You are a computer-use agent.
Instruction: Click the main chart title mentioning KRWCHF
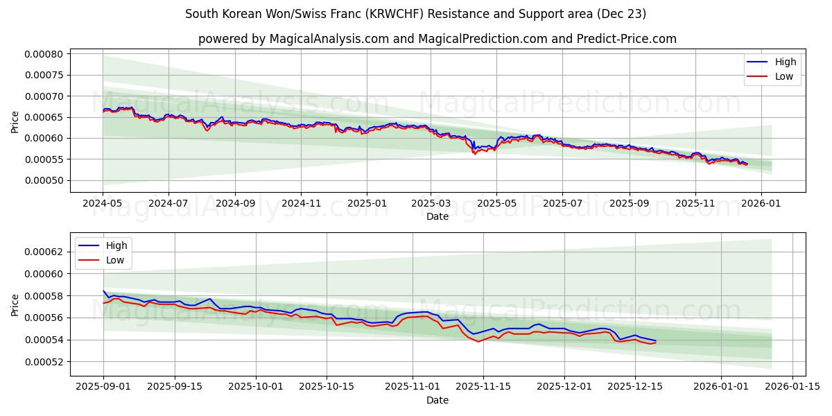click(416, 14)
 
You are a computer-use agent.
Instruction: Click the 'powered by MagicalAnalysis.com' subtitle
click(437, 39)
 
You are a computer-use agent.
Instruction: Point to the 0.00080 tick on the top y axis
click(44, 54)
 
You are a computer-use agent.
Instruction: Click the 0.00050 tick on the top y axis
click(44, 181)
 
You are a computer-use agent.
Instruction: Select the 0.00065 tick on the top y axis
click(44, 118)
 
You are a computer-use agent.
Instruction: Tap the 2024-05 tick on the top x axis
click(103, 204)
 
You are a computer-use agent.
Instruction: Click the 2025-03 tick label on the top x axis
click(431, 204)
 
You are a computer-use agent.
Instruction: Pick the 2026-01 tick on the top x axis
click(761, 204)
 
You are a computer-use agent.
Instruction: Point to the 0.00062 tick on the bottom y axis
click(44, 252)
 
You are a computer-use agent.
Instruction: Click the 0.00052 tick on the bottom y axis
click(44, 362)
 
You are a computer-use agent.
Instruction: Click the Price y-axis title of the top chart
click(15, 122)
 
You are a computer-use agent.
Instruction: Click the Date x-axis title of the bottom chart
click(437, 400)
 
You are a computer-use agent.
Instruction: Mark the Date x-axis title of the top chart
click(437, 216)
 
